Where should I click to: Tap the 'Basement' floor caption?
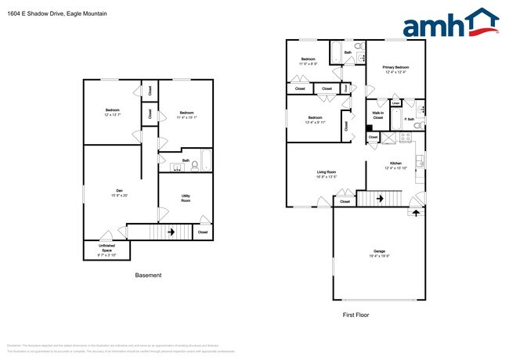coord(148,275)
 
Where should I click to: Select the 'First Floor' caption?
coord(357,315)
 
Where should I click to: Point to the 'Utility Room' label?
coord(186,197)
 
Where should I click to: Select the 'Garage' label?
coord(379,250)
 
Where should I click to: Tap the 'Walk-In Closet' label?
coord(377,116)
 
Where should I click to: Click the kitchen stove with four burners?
coord(406,137)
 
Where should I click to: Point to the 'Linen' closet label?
coord(396,103)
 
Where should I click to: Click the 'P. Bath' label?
coord(409,119)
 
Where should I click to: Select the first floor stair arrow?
coord(380,199)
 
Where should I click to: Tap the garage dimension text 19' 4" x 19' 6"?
coord(379,255)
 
